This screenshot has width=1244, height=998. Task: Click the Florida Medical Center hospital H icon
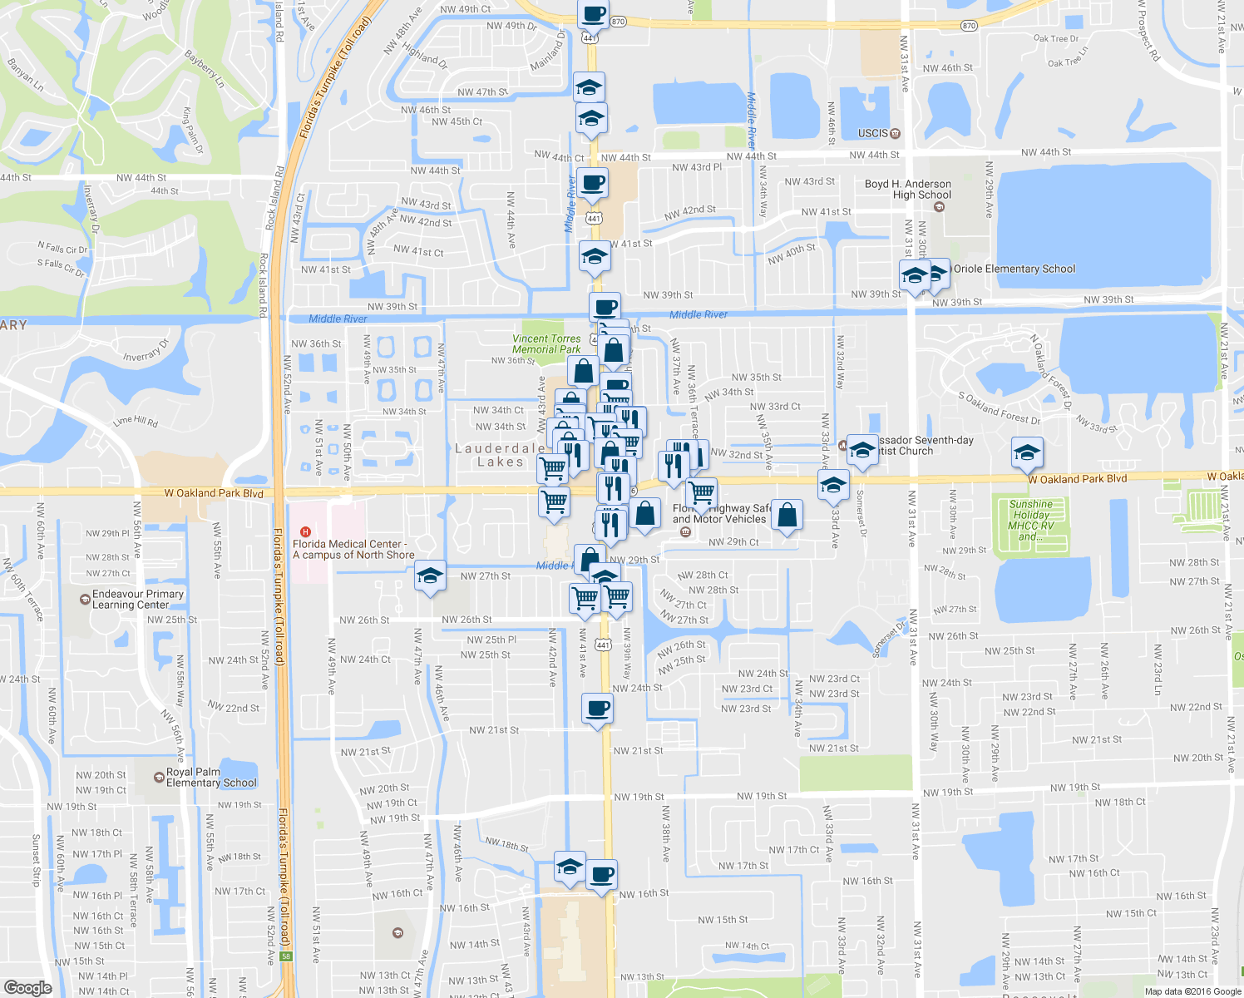click(305, 532)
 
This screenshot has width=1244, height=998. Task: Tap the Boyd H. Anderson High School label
click(908, 189)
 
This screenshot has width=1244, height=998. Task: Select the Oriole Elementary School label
click(1014, 269)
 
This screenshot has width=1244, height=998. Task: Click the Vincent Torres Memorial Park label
click(546, 343)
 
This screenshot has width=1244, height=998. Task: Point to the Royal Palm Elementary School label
click(211, 777)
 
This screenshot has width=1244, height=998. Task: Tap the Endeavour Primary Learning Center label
click(137, 599)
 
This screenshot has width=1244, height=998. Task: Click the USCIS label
click(873, 133)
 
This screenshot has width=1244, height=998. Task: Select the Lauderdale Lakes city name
click(500, 455)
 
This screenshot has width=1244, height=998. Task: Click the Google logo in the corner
click(27, 987)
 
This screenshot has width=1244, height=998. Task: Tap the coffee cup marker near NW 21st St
click(598, 709)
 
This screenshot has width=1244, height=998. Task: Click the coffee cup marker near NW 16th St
click(602, 875)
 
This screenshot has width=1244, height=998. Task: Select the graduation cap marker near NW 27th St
click(430, 576)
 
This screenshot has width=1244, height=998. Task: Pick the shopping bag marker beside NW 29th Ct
click(787, 515)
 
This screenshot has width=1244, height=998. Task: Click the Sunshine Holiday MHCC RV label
click(1030, 520)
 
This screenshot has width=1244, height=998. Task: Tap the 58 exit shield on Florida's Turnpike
click(286, 956)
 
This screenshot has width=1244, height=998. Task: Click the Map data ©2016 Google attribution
click(1192, 991)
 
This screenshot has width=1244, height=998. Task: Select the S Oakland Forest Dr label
click(999, 408)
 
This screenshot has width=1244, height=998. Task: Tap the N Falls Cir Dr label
click(62, 248)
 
